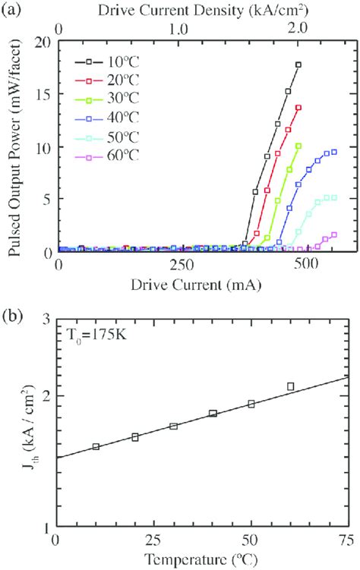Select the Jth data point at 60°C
pos(290,386)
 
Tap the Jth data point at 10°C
pos(96,447)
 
